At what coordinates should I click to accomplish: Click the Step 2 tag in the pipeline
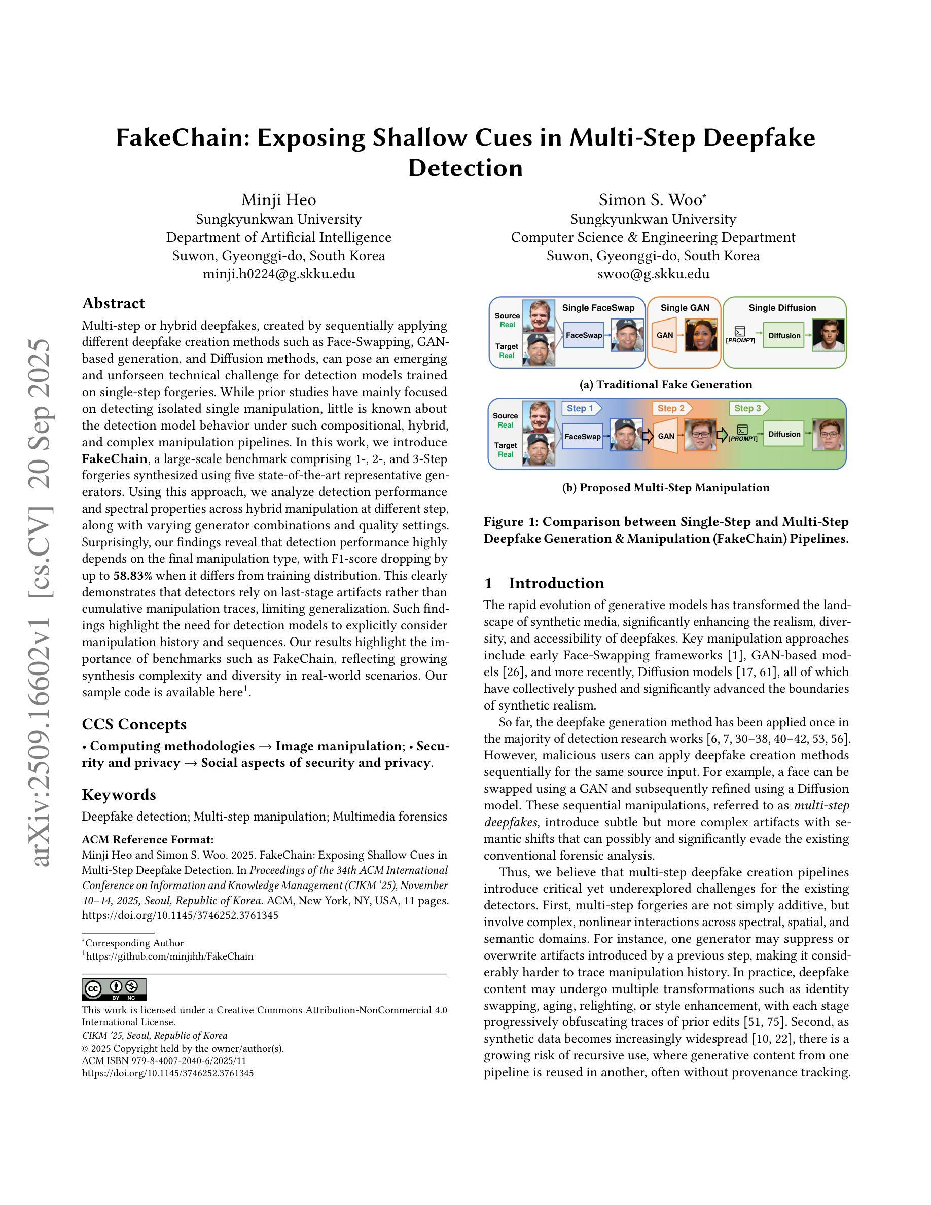coord(671,408)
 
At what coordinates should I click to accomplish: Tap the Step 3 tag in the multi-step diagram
coord(748,408)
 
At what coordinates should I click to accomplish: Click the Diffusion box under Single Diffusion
coord(784,335)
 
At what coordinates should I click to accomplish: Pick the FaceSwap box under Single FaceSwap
coord(584,335)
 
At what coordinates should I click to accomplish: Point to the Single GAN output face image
coord(700,335)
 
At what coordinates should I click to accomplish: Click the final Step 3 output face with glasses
coord(829,435)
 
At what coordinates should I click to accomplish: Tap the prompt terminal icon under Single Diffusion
coord(740,332)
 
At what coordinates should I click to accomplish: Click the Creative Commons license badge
coord(114,989)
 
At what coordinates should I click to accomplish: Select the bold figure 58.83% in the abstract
coord(133,576)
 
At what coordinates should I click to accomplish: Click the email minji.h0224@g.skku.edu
coord(278,274)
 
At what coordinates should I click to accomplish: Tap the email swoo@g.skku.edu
coord(653,274)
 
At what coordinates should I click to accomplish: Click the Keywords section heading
coord(119,795)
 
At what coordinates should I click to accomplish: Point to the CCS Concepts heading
coord(134,724)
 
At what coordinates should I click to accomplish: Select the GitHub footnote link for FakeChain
coord(169,956)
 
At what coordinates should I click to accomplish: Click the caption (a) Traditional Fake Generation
coord(666,384)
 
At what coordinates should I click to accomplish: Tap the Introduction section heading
coord(556,583)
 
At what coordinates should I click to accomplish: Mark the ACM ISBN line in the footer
coord(164,1060)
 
